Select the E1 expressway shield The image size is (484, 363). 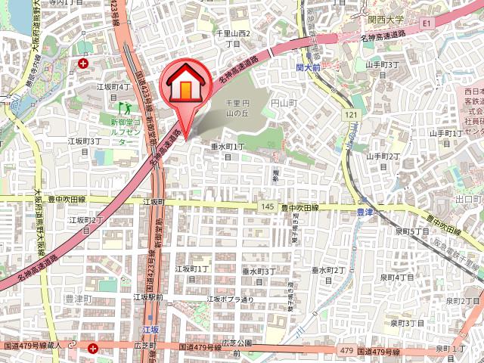point(427,25)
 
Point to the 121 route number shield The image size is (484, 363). point(350,113)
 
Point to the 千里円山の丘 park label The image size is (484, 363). point(238,108)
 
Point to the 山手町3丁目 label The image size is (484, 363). point(382,70)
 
